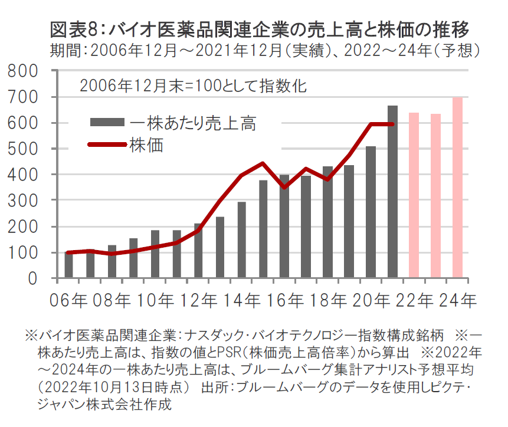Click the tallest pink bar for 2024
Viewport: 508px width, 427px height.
[x=457, y=188]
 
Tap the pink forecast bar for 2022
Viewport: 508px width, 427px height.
[x=414, y=195]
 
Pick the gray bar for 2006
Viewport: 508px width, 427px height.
[x=69, y=265]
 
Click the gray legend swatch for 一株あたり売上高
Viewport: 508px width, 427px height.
[x=107, y=122]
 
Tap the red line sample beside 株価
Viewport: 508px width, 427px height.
[x=107, y=144]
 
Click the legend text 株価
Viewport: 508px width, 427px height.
[x=146, y=144]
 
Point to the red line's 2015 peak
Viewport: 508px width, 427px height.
[x=263, y=163]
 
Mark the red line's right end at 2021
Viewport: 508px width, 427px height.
[x=392, y=124]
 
